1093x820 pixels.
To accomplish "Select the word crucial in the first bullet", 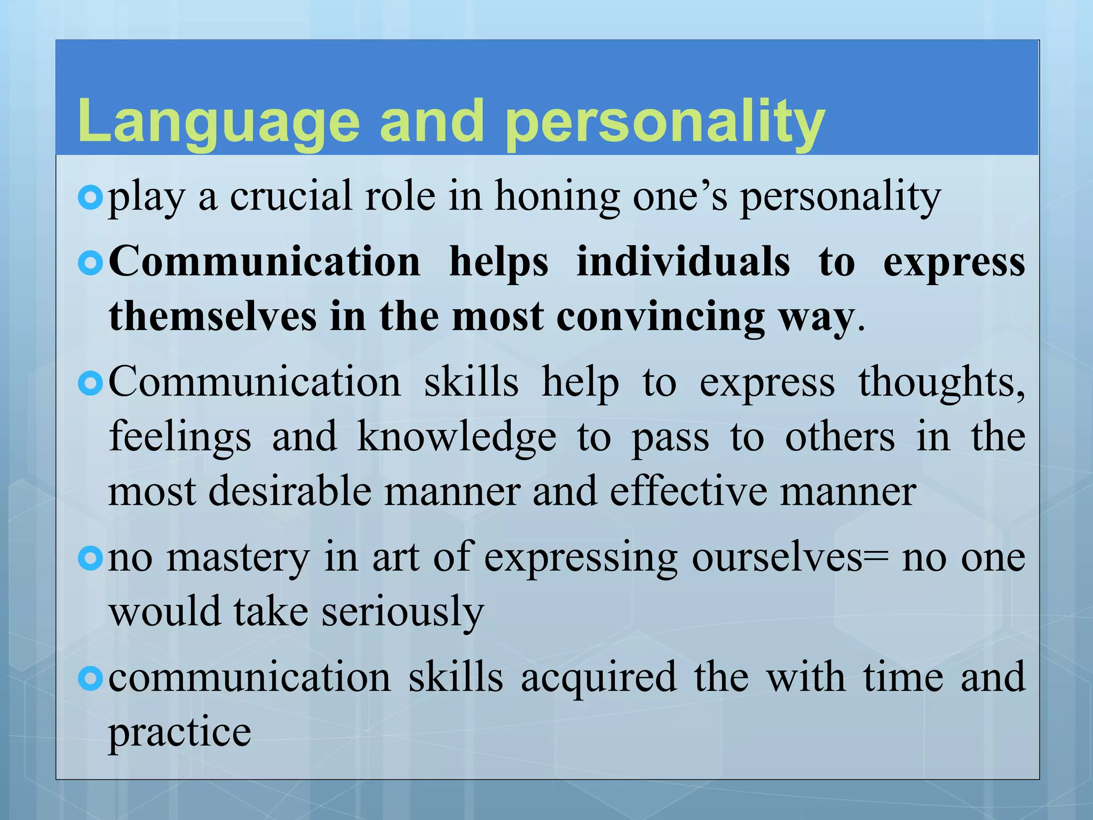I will [291, 196].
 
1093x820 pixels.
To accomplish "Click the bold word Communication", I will [265, 262].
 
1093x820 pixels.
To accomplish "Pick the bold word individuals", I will [683, 262].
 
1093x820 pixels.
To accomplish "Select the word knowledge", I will [456, 437].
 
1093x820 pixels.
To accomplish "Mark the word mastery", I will [238, 557].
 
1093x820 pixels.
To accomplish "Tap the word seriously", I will [402, 611].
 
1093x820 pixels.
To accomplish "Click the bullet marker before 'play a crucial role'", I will [90, 198].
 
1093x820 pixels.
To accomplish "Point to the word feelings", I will [180, 437].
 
